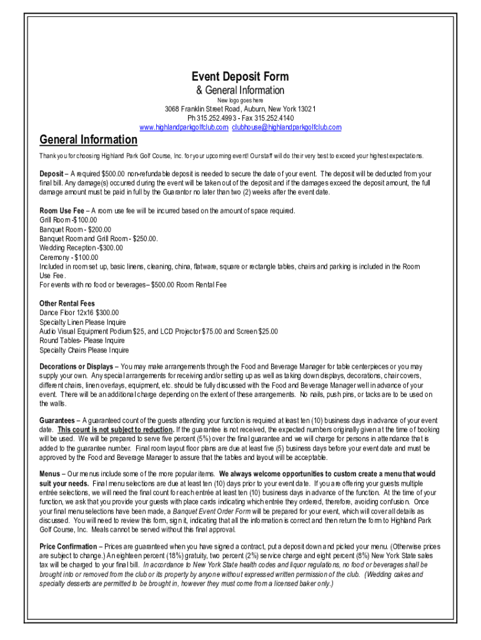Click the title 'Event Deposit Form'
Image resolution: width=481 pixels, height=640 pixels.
pos(240,77)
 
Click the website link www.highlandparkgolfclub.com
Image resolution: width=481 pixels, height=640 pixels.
pos(184,127)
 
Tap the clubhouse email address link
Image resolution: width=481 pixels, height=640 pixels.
pos(287,127)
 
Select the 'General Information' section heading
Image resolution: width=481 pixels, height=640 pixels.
pos(88,139)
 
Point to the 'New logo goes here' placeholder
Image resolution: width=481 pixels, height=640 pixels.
pos(240,101)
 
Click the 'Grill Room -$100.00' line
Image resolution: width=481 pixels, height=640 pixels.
pos(68,220)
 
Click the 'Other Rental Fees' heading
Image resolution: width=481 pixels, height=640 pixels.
pos(67,304)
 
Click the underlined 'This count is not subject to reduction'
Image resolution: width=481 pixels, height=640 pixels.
pos(116,430)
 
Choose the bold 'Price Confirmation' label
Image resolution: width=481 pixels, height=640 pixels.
pos(68,546)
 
